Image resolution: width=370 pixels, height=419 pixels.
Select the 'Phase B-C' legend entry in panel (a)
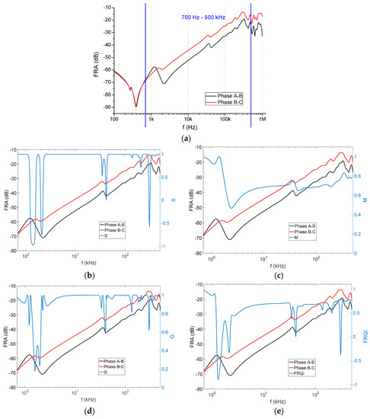tap(226, 100)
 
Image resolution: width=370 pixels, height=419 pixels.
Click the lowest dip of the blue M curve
tap(231, 207)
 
